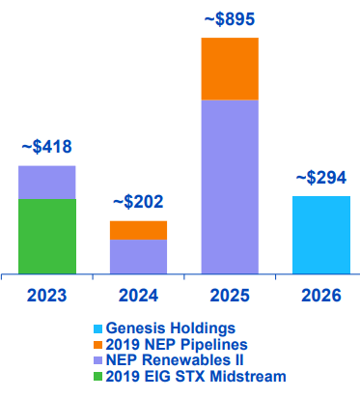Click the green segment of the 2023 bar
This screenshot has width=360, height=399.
pos(46,236)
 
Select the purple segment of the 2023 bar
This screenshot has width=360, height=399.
pos(46,182)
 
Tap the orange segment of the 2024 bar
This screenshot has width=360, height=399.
pos(138,230)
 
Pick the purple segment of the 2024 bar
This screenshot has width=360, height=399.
pos(138,256)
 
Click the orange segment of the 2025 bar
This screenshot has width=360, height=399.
pos(229,69)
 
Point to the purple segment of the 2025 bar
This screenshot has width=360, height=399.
pos(229,186)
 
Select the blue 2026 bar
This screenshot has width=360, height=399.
pos(320,235)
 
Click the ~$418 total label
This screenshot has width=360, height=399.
pos(46,148)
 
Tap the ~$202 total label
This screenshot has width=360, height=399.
pos(138,203)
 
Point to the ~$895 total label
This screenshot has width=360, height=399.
pos(229,19)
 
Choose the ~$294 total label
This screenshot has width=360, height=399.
pos(320,178)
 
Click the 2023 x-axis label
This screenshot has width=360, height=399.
pos(46,295)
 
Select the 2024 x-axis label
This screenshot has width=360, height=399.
pos(138,295)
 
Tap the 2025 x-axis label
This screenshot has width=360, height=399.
pos(229,295)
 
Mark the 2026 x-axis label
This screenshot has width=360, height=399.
pos(320,295)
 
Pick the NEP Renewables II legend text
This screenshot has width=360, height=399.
pos(173,360)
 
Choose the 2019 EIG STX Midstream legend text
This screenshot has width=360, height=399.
pos(196,376)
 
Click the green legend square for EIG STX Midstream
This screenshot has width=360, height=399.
pos(97,377)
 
